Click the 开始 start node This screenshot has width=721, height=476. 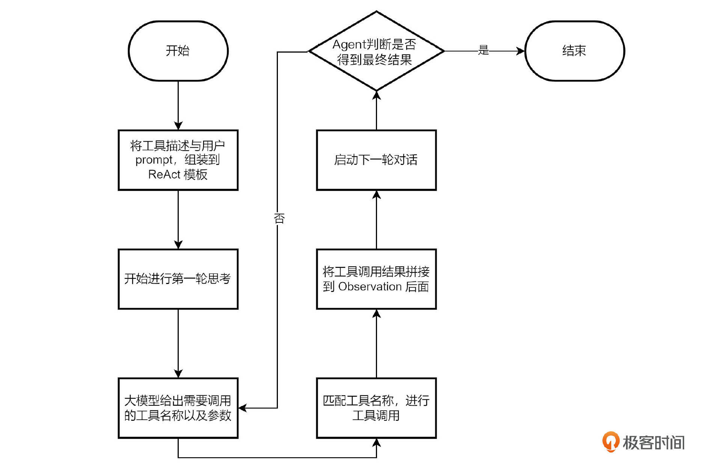(178, 51)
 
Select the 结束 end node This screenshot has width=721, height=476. (574, 51)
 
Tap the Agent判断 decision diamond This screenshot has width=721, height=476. (376, 51)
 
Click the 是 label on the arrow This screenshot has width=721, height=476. (483, 50)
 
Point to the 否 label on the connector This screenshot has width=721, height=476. (279, 218)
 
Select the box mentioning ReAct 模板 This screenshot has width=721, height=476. (178, 160)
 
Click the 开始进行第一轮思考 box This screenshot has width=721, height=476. (178, 279)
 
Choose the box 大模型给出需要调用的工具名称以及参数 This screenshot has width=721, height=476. (178, 408)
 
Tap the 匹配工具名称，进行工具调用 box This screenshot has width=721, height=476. (376, 408)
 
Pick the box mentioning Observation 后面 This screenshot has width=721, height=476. (376, 279)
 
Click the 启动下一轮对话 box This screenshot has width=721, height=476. (376, 160)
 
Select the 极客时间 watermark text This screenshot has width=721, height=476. (653, 443)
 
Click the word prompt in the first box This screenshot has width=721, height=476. (154, 160)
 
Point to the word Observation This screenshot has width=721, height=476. (370, 287)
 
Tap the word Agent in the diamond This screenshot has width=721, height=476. (349, 45)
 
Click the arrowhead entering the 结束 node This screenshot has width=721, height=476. (520, 51)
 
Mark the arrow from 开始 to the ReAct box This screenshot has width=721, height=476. (178, 105)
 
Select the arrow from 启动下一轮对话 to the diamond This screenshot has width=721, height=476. (376, 110)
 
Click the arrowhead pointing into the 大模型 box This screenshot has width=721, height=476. (243, 408)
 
